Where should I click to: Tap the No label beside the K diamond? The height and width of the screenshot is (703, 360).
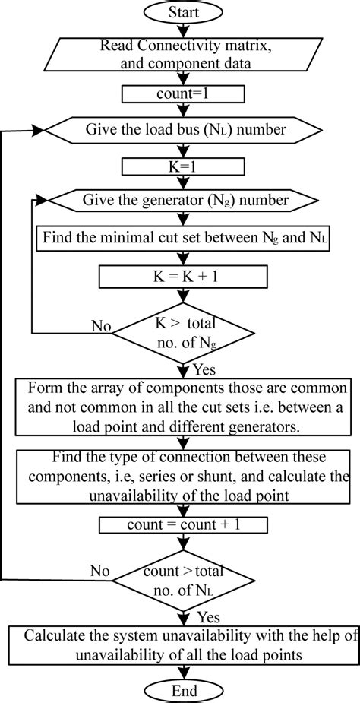pos(102,326)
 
